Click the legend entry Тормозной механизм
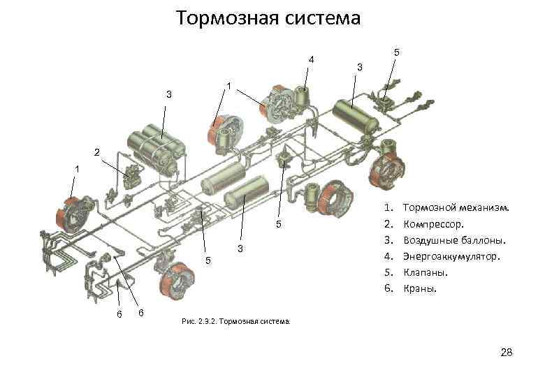tap(457, 208)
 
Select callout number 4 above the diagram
tap(312, 59)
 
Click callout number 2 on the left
tap(96, 152)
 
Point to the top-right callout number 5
tap(396, 52)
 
